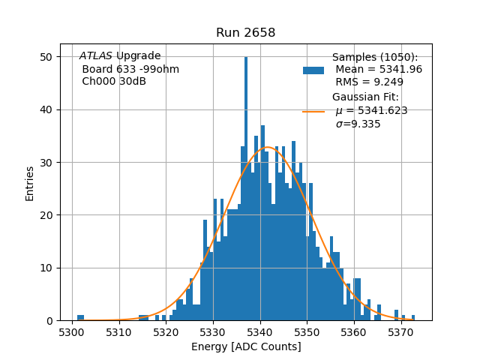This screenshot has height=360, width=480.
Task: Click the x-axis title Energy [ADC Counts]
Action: (246, 346)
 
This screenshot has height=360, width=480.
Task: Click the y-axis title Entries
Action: (30, 183)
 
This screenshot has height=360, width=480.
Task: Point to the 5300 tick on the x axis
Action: (72, 321)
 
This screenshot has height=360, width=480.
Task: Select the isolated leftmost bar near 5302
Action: (80, 318)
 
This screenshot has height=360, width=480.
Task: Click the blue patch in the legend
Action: (313, 70)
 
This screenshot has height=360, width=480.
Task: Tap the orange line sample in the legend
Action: (313, 111)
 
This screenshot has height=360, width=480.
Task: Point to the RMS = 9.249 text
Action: (369, 82)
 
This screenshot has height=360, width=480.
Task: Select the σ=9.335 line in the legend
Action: (358, 124)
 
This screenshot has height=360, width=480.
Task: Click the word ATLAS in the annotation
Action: (96, 56)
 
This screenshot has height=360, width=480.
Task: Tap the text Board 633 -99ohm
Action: (130, 70)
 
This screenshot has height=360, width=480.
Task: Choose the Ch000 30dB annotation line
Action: (114, 82)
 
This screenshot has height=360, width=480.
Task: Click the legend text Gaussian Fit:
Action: (366, 97)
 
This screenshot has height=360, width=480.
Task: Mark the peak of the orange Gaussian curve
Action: (266, 147)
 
